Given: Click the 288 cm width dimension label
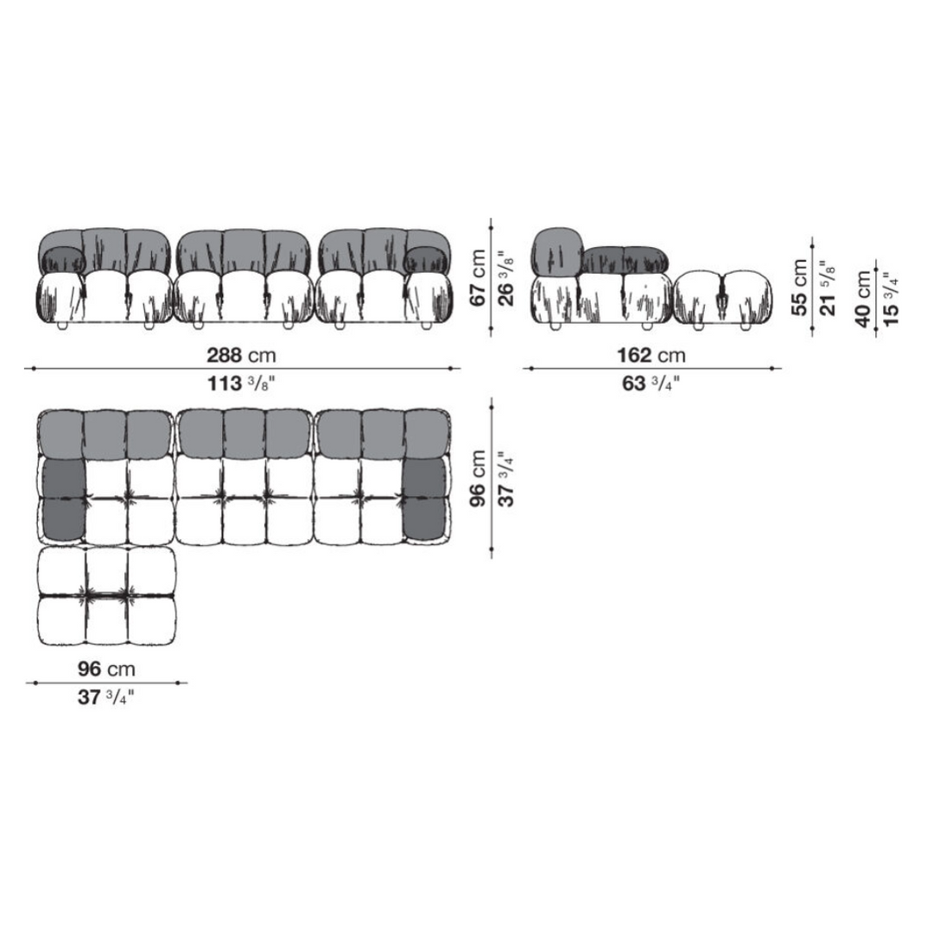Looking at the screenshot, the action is [x=241, y=355].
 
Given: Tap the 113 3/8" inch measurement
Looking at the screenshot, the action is [x=241, y=384].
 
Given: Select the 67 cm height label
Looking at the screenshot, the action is [x=477, y=278].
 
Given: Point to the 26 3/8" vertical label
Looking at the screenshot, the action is [x=506, y=278].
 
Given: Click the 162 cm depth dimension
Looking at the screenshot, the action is [x=651, y=355].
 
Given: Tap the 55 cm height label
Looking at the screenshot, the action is [x=799, y=288].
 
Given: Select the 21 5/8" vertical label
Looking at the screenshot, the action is [x=829, y=288].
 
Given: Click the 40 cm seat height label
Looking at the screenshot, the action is [x=863, y=299].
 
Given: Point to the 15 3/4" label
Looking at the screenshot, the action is [x=892, y=299].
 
